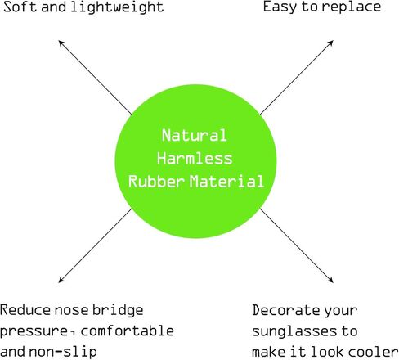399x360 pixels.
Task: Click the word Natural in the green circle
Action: coord(195,135)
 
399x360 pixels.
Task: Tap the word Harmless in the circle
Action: coord(195,158)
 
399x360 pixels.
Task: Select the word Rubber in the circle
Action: coord(156,181)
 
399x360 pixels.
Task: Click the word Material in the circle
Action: coord(226,182)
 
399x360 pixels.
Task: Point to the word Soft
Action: coord(20,7)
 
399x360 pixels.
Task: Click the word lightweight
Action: coord(117,7)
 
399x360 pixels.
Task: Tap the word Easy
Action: coord(280,7)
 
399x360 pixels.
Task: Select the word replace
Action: coord(352,7)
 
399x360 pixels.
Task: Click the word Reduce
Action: coord(25,310)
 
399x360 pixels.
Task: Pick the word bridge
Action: coord(118,311)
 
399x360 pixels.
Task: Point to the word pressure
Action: coord(34,331)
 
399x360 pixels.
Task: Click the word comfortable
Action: coord(128,331)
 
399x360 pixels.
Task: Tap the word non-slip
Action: coord(63,352)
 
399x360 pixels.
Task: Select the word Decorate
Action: coord(285,310)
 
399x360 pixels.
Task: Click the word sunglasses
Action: coord(294,331)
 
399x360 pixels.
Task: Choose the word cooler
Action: coord(374,351)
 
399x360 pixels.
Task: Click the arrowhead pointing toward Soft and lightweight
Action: coord(61,43)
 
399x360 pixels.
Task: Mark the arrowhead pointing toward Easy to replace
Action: coord(330,43)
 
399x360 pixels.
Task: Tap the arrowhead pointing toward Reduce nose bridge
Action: coord(61,280)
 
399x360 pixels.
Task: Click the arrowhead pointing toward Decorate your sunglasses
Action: coord(330,280)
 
